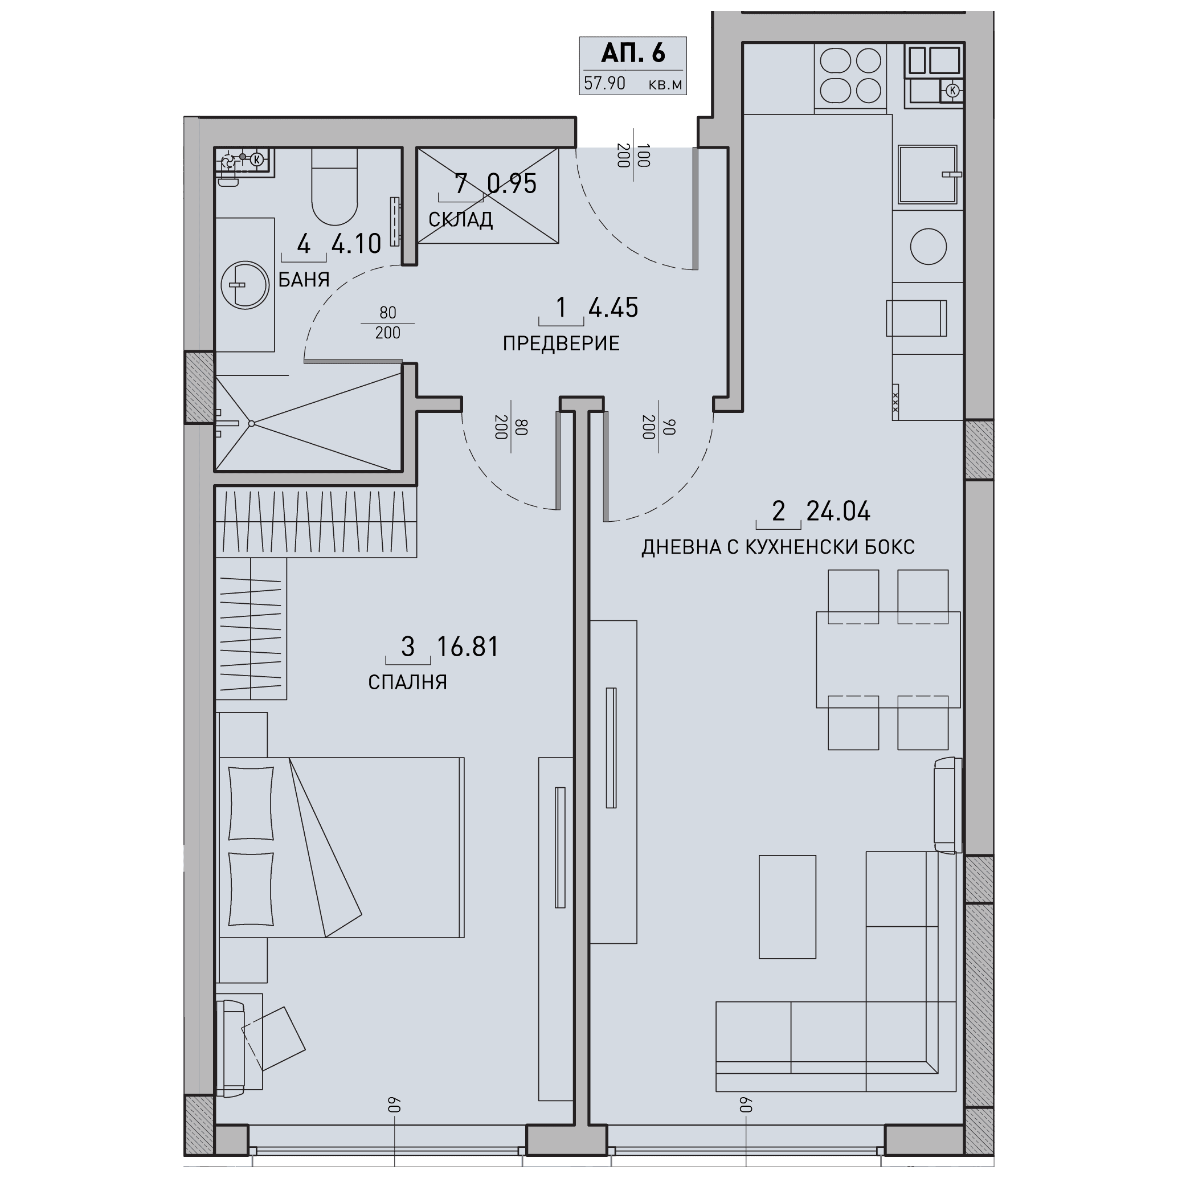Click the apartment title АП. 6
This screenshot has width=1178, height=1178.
633,54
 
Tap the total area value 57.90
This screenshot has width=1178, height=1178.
604,84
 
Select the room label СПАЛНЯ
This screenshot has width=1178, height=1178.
407,682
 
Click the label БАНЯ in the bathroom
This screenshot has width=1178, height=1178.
304,279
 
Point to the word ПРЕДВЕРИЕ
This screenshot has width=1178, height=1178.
561,344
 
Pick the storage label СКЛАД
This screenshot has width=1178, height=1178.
460,219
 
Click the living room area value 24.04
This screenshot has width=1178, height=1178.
838,512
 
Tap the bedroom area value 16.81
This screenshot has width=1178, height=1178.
468,647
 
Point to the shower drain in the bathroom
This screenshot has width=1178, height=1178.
251,424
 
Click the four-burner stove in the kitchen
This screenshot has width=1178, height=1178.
850,76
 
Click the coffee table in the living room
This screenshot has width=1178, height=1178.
787,907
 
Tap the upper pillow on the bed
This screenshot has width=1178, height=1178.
250,803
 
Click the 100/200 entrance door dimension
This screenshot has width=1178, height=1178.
633,155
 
